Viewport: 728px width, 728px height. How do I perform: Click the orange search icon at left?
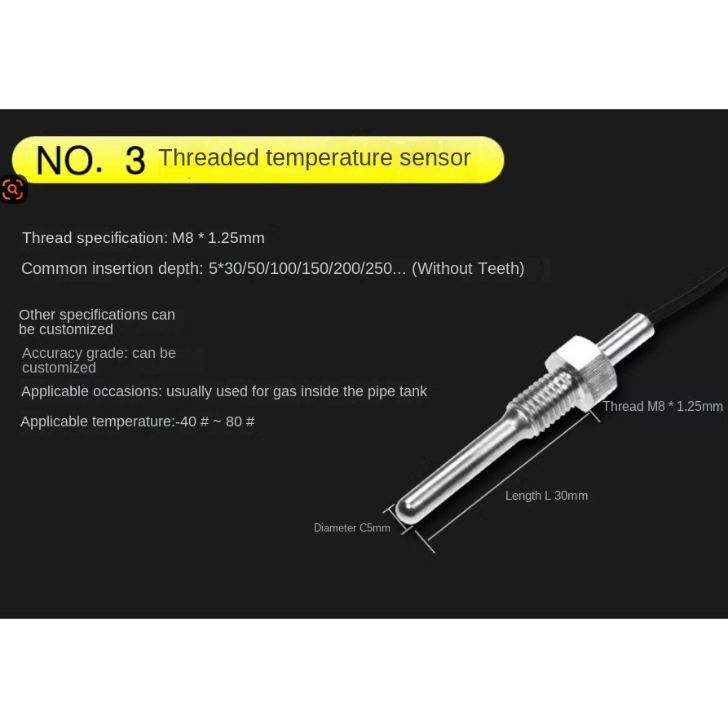click(x=12, y=189)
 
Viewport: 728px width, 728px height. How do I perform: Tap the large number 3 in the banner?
click(x=135, y=161)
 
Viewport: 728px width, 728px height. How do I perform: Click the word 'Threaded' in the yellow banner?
click(x=209, y=157)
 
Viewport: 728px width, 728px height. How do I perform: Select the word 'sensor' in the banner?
click(x=435, y=157)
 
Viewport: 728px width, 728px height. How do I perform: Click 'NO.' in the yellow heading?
click(x=69, y=161)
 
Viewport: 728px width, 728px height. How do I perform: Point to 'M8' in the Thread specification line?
click(x=183, y=238)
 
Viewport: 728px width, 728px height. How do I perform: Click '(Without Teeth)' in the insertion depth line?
click(x=468, y=268)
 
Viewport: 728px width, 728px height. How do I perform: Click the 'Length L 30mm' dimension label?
click(x=546, y=496)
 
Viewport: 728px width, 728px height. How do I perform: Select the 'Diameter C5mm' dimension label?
click(x=352, y=527)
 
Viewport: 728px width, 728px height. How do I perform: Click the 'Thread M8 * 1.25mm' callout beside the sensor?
click(x=663, y=406)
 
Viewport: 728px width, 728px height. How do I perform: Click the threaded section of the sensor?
click(x=540, y=402)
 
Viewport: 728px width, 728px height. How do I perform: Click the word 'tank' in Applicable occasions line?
click(x=414, y=391)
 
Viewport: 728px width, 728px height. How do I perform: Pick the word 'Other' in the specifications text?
click(x=38, y=315)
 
